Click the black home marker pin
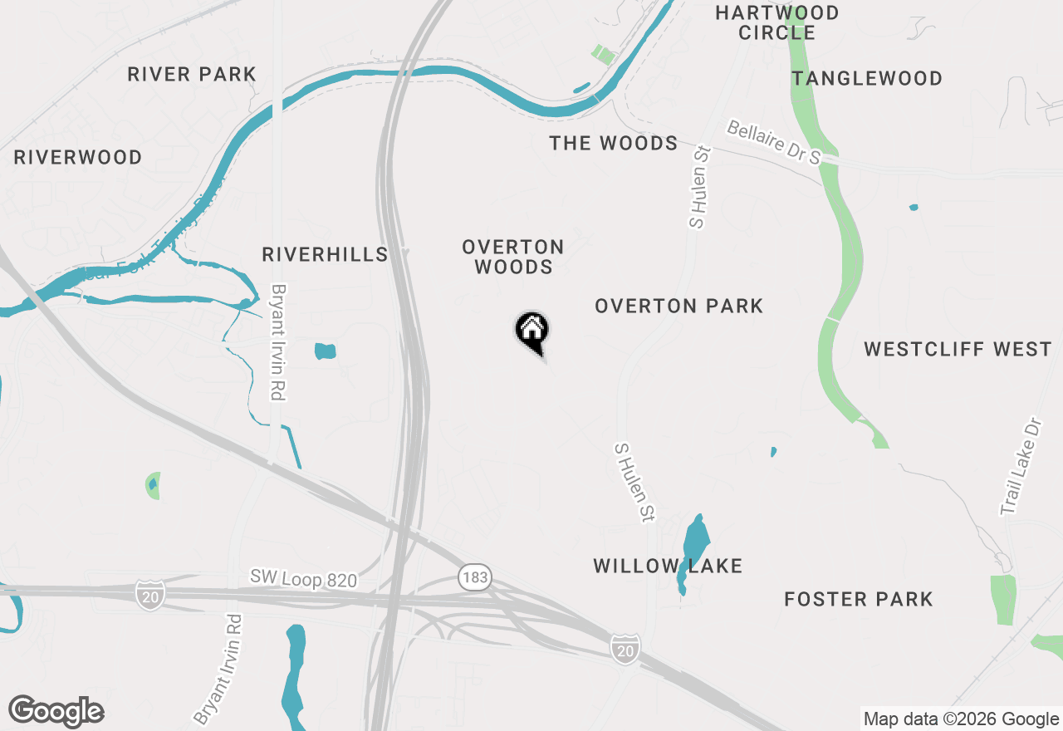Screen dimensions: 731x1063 532,331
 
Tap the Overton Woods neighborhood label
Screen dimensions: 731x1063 513,257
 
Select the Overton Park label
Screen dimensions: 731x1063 678,307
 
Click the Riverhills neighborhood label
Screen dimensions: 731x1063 325,254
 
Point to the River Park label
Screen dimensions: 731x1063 192,75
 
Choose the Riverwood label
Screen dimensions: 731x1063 78,157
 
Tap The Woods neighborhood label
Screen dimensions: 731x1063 614,143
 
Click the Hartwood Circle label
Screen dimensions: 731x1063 777,22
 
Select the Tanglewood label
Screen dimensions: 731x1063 867,78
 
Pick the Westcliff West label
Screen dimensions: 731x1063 958,349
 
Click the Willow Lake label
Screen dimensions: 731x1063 667,567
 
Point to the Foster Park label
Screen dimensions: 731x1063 859,599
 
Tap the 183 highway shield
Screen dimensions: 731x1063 473,577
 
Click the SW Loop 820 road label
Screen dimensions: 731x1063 304,578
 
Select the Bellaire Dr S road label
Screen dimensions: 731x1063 773,142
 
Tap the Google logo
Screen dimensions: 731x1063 56,711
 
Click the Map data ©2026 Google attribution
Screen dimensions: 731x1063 961,719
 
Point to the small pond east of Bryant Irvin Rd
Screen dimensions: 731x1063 325,351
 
